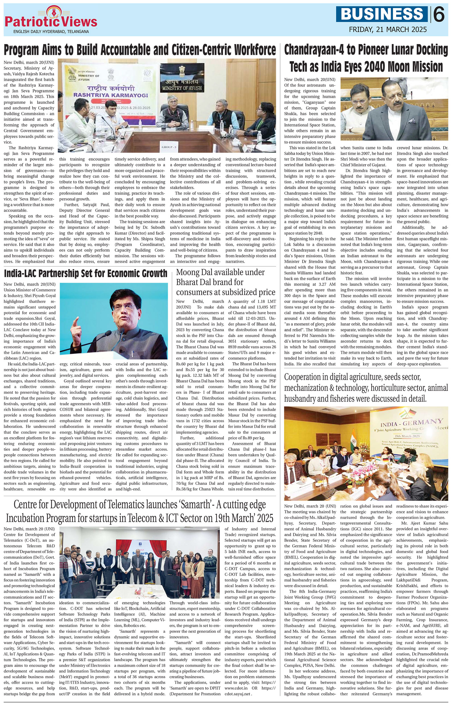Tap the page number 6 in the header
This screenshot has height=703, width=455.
tap(439, 15)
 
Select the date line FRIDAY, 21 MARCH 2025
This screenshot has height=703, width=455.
tap(388, 30)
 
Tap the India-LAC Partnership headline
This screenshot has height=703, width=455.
tap(86, 273)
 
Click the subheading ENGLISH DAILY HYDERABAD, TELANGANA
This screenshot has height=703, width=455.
tap(51, 32)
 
